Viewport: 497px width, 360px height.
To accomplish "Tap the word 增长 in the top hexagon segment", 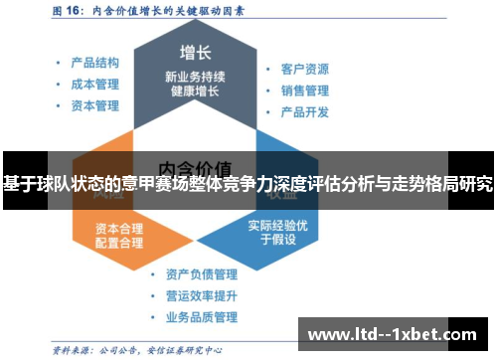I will [x=194, y=52].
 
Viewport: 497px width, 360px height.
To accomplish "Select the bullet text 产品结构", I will [x=95, y=62].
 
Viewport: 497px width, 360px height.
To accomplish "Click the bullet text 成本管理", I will [x=95, y=83].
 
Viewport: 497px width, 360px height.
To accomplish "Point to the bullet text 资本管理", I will [x=95, y=104].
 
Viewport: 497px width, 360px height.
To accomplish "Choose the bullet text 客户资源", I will [x=304, y=70].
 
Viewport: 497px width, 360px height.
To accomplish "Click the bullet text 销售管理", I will [x=304, y=90].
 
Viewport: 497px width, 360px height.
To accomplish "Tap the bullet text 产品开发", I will [x=304, y=111].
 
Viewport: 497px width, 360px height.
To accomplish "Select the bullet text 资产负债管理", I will [x=201, y=274].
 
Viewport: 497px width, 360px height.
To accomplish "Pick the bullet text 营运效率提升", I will [x=201, y=296].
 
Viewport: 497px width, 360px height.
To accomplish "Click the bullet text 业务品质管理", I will [x=201, y=318].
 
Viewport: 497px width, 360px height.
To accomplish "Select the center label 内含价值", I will [x=195, y=166].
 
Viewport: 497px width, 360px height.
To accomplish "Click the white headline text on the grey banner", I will [x=248, y=185].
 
